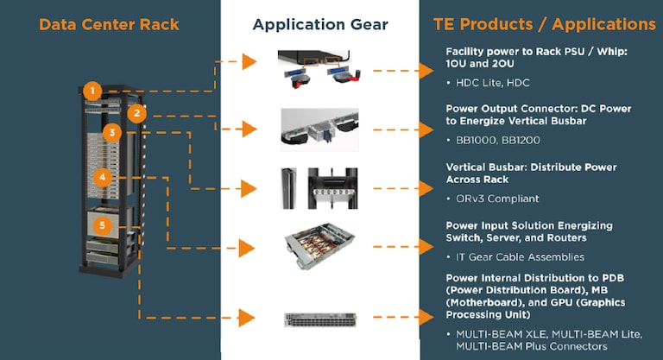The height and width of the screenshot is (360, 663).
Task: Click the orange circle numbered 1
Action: (x=93, y=90)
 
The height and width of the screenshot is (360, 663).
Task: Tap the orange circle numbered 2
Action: (x=136, y=113)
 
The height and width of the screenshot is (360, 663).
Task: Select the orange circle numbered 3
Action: (x=111, y=133)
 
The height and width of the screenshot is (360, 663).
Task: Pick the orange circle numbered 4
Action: (x=103, y=177)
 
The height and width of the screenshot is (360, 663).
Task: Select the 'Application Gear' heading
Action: (x=320, y=24)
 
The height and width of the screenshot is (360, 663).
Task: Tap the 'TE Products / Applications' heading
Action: (x=544, y=24)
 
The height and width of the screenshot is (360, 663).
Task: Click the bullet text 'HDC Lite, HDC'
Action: (x=493, y=83)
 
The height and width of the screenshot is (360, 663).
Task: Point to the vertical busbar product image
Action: (x=320, y=188)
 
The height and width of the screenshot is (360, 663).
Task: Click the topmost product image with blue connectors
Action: (x=320, y=67)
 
